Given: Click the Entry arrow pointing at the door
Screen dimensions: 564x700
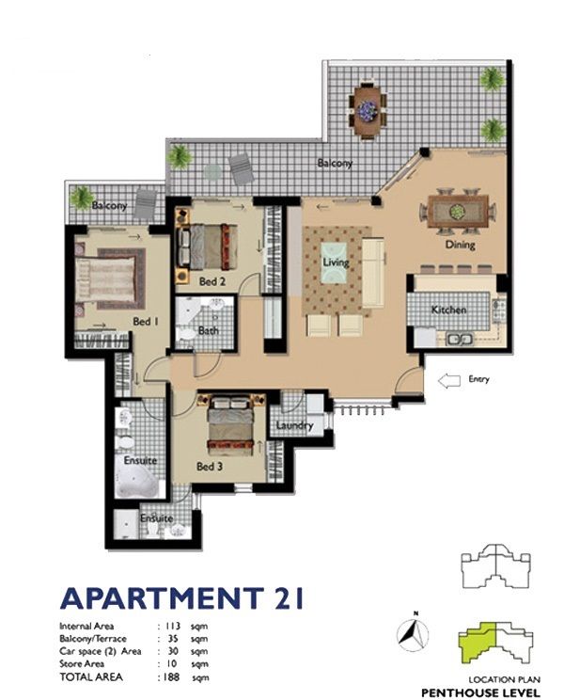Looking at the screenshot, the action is coord(449,381).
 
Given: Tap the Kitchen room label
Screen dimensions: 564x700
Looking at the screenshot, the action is coord(449,310).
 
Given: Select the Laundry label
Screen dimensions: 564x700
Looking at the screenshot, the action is coord(294,425).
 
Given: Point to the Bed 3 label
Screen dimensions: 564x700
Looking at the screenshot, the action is coord(210,467).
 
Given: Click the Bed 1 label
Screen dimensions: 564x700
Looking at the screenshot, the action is coord(146,322).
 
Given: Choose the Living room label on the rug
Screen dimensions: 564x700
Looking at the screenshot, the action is coord(336,262).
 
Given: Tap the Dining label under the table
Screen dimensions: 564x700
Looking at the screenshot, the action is coord(460,245).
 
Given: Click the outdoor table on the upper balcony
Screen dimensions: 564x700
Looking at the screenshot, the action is coord(368,108).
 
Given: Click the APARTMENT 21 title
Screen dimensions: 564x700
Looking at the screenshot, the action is coord(182,598).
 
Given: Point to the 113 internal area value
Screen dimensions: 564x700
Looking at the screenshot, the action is coord(171,627).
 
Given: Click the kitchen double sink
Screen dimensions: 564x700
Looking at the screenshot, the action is coord(460,340).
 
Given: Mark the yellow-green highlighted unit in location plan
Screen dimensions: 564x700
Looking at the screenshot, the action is coord(478,646).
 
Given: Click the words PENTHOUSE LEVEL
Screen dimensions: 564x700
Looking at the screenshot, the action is coord(480,692).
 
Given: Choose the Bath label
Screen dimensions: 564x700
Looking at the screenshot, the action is coord(209,331).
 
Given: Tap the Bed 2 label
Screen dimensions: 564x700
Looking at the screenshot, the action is coord(211,281).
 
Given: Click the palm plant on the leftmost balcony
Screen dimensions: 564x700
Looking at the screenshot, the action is coord(83,198).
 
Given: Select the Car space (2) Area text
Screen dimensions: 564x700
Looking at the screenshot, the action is coord(101,651).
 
